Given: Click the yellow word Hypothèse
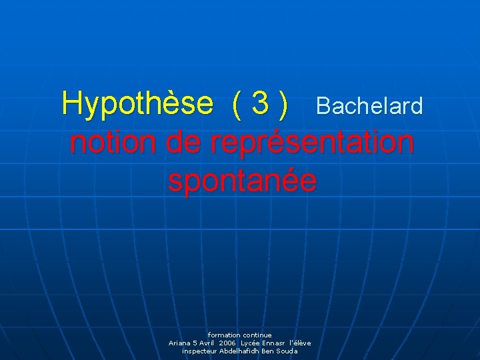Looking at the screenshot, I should [137, 104].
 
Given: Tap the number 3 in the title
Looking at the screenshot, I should [261, 104].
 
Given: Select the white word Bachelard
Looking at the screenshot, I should [369, 106].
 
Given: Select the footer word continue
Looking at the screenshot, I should [257, 335].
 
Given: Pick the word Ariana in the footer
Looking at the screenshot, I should [180, 343].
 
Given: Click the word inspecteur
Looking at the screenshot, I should [199, 351].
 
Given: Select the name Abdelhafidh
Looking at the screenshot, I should [239, 351].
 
